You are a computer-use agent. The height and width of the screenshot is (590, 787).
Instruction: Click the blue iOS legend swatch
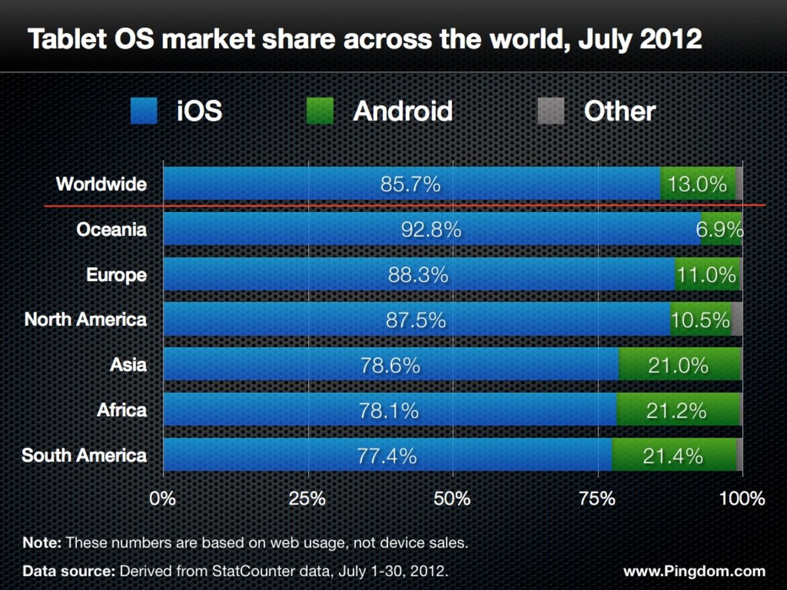point(144,111)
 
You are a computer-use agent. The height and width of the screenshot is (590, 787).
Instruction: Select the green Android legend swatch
point(320,111)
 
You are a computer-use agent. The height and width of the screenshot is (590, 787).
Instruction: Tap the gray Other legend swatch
point(551,111)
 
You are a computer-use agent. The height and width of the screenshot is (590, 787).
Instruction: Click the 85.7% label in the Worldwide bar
point(410,184)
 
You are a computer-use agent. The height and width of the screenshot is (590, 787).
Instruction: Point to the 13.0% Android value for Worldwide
point(697,184)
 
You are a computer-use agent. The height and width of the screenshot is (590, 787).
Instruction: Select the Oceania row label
point(111,229)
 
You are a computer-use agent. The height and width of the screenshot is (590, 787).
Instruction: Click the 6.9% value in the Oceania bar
point(719,229)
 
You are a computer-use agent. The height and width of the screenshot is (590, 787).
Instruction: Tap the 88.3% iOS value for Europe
point(418,275)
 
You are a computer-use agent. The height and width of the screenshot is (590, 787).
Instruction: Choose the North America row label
point(85,320)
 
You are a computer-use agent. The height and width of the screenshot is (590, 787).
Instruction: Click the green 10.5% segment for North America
point(700,320)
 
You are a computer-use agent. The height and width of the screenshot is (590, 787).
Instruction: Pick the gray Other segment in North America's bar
point(737,320)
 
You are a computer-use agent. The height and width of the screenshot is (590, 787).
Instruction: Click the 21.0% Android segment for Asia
point(678,365)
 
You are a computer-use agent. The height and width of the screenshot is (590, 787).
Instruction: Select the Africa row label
point(122,410)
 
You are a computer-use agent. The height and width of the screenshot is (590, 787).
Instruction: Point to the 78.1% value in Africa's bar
point(389,410)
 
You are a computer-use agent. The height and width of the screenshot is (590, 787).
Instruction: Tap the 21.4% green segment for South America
point(673,455)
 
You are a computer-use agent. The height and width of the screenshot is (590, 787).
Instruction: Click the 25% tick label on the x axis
point(307,498)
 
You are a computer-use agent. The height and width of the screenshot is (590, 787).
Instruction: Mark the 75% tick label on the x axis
point(598,498)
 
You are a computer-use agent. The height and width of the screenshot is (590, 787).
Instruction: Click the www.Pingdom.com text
point(694,572)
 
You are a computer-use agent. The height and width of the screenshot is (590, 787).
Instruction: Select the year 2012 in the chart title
point(671,39)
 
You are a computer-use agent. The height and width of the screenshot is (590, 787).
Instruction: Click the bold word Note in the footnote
point(41,543)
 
